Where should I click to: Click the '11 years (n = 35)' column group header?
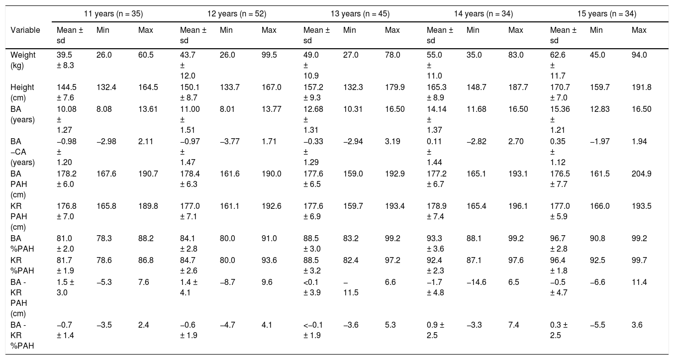[x=113, y=14]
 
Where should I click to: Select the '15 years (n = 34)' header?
[x=607, y=14]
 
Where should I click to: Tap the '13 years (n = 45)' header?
[x=360, y=14]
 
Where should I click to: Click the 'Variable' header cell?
[x=25, y=30]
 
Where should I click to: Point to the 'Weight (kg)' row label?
[x=23, y=60]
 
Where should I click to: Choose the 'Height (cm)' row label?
[x=22, y=92]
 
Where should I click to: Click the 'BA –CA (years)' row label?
[x=22, y=152]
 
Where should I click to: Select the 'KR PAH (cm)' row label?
[x=19, y=216]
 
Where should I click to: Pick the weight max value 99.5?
[x=269, y=55]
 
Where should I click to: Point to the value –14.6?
[x=477, y=282]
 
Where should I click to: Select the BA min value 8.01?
[x=227, y=109]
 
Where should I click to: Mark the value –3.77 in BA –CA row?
[x=230, y=141]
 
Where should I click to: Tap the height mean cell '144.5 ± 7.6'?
[x=67, y=92]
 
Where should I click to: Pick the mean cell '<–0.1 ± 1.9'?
[x=313, y=330]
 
